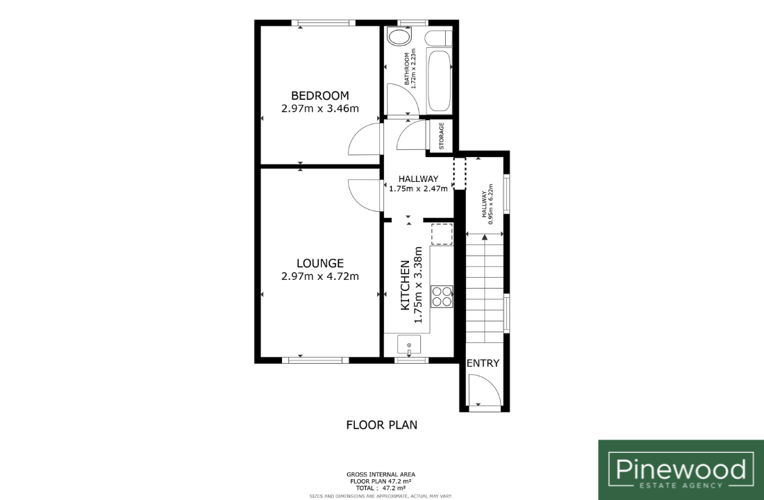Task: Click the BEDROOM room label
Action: pyautogui.click(x=320, y=96)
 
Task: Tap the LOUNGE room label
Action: pyautogui.click(x=320, y=263)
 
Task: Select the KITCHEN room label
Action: pyautogui.click(x=405, y=285)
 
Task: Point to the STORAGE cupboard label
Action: pyautogui.click(x=442, y=135)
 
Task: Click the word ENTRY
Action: pyautogui.click(x=483, y=363)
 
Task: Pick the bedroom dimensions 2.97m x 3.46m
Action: pyautogui.click(x=320, y=108)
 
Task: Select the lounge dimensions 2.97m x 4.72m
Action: pyautogui.click(x=320, y=276)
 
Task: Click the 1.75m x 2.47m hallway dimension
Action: pyautogui.click(x=418, y=189)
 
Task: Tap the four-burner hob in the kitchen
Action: pyautogui.click(x=442, y=297)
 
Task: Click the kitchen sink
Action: pyautogui.click(x=409, y=346)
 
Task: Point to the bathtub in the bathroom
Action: pyautogui.click(x=439, y=81)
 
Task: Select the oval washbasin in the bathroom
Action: pyautogui.click(x=399, y=37)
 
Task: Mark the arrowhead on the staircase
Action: pyautogui.click(x=484, y=237)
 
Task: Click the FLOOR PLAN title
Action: pyautogui.click(x=381, y=425)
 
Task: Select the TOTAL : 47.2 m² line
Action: pyautogui.click(x=381, y=487)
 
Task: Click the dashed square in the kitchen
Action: pyautogui.click(x=442, y=234)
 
